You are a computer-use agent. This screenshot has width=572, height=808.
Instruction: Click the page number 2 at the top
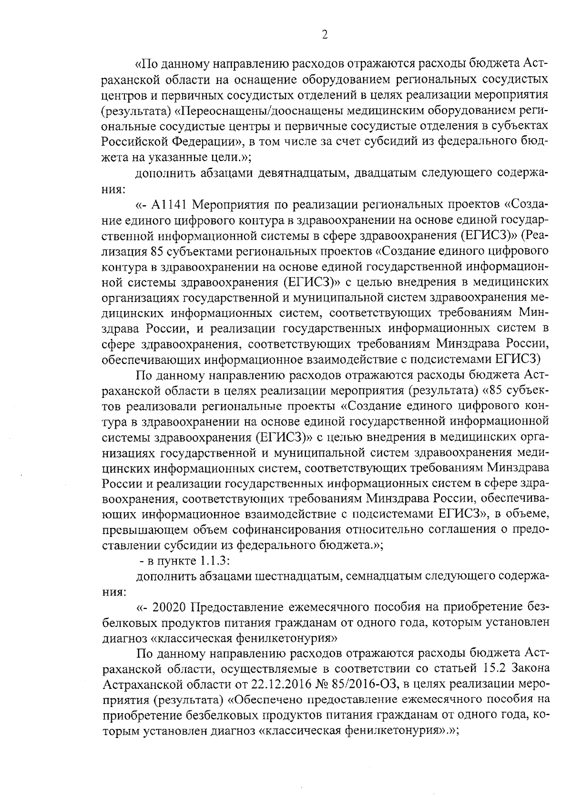coord(325,35)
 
